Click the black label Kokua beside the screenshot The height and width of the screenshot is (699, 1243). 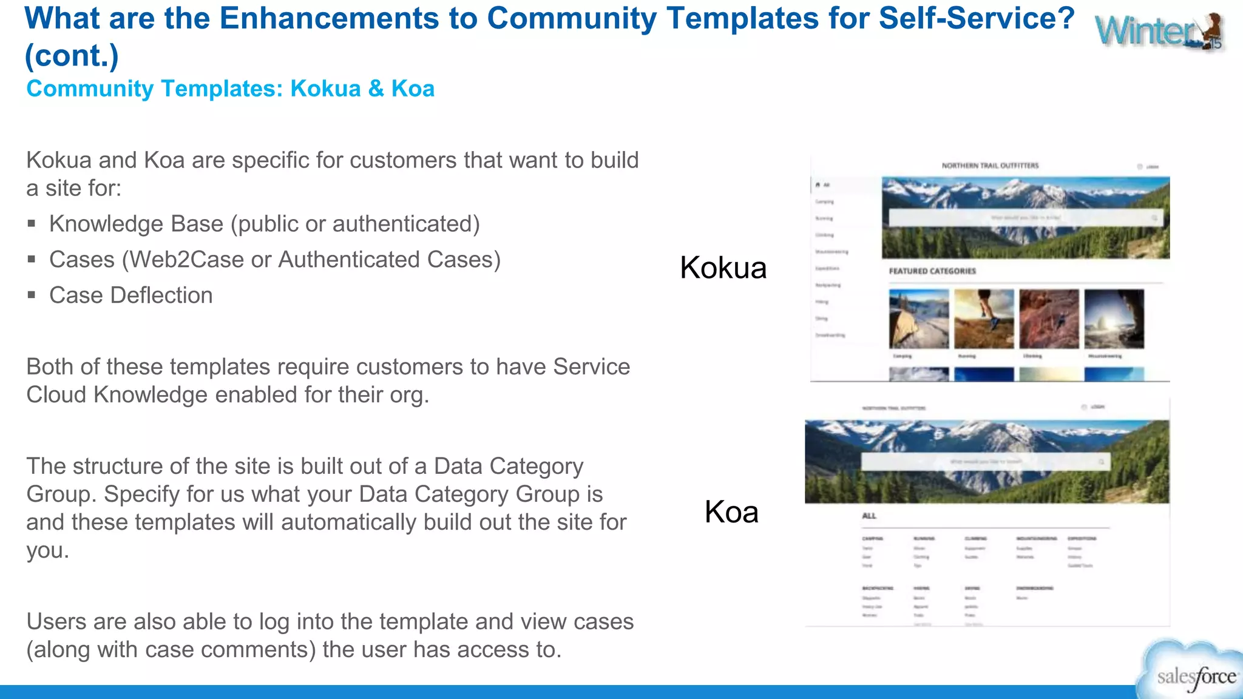coord(723,268)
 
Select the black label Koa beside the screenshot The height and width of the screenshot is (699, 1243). coord(731,512)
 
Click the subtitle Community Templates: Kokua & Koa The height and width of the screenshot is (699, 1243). coord(230,89)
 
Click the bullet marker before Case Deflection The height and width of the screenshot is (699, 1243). coord(32,295)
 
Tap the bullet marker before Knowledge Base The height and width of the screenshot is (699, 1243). coord(32,224)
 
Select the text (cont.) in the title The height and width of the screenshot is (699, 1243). coord(72,56)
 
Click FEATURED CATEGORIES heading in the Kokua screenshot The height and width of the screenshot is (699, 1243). coord(932,271)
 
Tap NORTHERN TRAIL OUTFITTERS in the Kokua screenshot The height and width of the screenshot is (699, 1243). coord(990,165)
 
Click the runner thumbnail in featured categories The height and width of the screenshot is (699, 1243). coord(983,319)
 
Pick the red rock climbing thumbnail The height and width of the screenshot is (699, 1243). coord(1049,319)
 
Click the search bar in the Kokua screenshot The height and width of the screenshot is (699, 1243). coord(1025,218)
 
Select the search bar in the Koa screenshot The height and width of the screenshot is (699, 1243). coord(985,462)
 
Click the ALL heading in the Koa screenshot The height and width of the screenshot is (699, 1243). coord(869,516)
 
